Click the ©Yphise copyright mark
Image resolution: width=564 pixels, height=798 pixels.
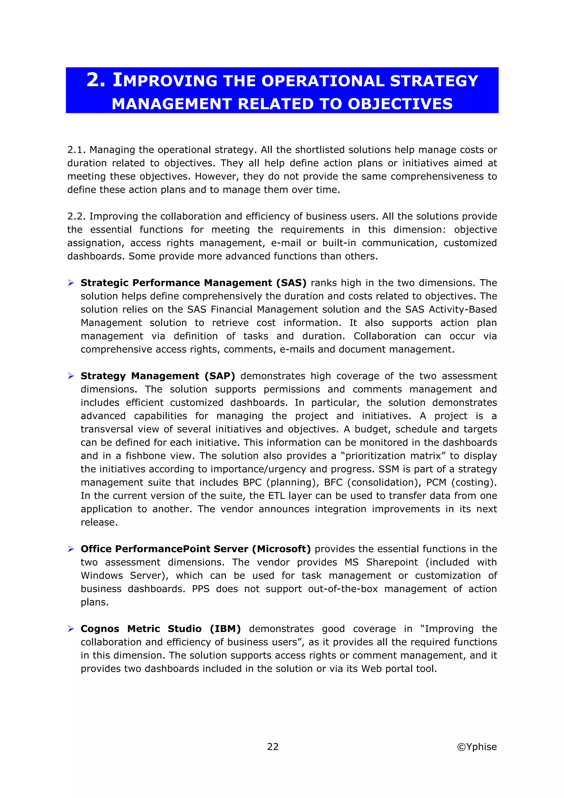point(476,747)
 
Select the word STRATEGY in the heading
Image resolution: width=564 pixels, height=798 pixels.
point(434,81)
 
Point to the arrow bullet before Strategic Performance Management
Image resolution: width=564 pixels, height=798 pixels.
point(71,283)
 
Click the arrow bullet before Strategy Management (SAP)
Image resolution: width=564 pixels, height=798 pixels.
point(71,376)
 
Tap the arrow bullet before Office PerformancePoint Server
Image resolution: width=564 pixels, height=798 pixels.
point(71,549)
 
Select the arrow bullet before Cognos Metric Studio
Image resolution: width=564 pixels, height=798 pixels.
point(71,629)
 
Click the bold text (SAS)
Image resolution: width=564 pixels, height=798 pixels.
point(291,283)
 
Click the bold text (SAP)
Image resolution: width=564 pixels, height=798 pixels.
point(219,376)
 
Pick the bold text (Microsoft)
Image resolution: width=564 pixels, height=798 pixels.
point(281,549)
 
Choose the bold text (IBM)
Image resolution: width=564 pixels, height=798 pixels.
point(225,629)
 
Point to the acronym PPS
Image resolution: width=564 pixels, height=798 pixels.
point(200,589)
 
